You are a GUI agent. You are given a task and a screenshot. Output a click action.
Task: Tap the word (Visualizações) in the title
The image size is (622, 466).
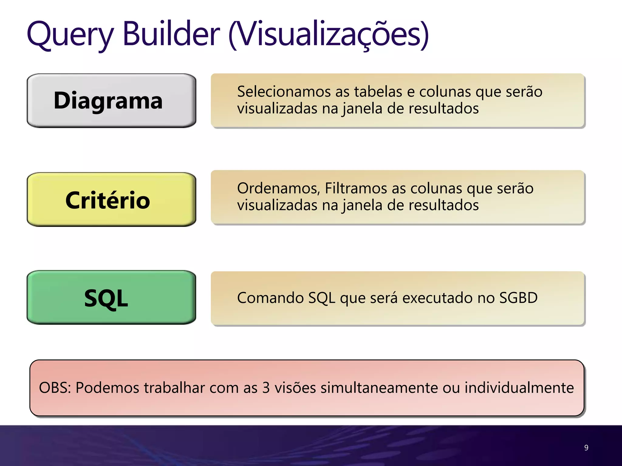pos(328,34)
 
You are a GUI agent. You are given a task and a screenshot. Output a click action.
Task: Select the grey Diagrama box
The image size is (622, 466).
pos(111,100)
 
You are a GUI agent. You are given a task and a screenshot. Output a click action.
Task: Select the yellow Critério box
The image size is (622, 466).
pos(111,200)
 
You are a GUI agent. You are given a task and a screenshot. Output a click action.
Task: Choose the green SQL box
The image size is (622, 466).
pos(111,298)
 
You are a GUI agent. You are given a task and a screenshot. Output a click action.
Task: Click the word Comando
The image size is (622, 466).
pos(270,298)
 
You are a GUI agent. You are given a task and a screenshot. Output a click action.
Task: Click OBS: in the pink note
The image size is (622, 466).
pos(55,388)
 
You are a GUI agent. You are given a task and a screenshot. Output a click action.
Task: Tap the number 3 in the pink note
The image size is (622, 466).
pos(266,388)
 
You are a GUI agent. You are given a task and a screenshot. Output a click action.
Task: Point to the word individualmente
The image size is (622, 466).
pos(519,388)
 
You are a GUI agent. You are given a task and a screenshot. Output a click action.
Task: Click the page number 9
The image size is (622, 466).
pos(586,447)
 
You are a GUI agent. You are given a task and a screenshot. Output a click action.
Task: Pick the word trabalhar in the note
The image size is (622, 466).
pos(174,388)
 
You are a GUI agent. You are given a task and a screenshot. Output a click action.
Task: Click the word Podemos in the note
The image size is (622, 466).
pos(107,388)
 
